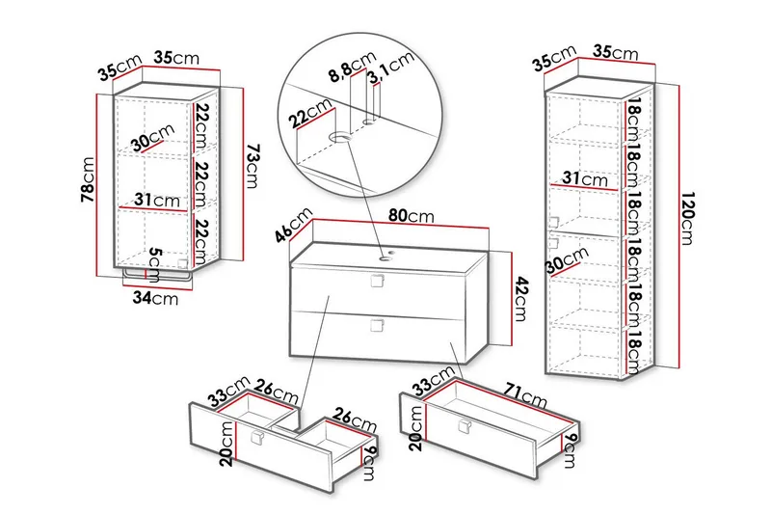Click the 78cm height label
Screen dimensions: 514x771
click(x=88, y=180)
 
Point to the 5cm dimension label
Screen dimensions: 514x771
click(x=157, y=261)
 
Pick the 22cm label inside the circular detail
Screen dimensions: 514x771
click(x=309, y=119)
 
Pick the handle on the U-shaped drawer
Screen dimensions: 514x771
click(x=256, y=439)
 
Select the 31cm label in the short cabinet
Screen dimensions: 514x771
click(x=158, y=201)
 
